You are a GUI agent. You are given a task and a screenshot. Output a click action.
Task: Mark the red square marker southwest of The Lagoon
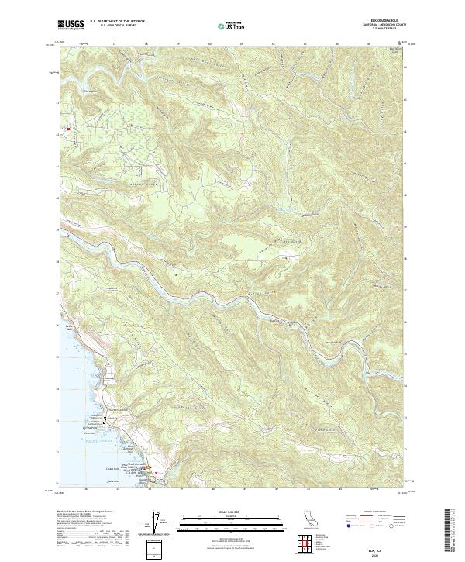click(68, 129)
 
